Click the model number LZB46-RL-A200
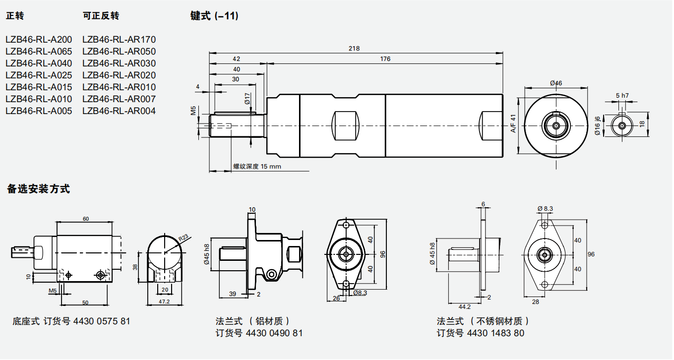(x=39, y=40)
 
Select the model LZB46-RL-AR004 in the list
(x=119, y=111)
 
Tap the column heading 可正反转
(x=101, y=16)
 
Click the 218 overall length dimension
(x=354, y=49)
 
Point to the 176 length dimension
(x=385, y=59)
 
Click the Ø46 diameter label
(x=556, y=83)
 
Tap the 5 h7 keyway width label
(x=622, y=95)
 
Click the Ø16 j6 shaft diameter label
(x=598, y=126)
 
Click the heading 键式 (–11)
(x=214, y=16)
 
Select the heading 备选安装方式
(x=38, y=189)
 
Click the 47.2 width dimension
(x=164, y=301)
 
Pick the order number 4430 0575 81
(x=102, y=321)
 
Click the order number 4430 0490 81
(x=274, y=333)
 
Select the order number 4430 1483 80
(x=495, y=333)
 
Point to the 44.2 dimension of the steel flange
(x=465, y=307)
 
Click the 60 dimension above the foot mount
(x=86, y=219)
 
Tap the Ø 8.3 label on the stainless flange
(x=545, y=209)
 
